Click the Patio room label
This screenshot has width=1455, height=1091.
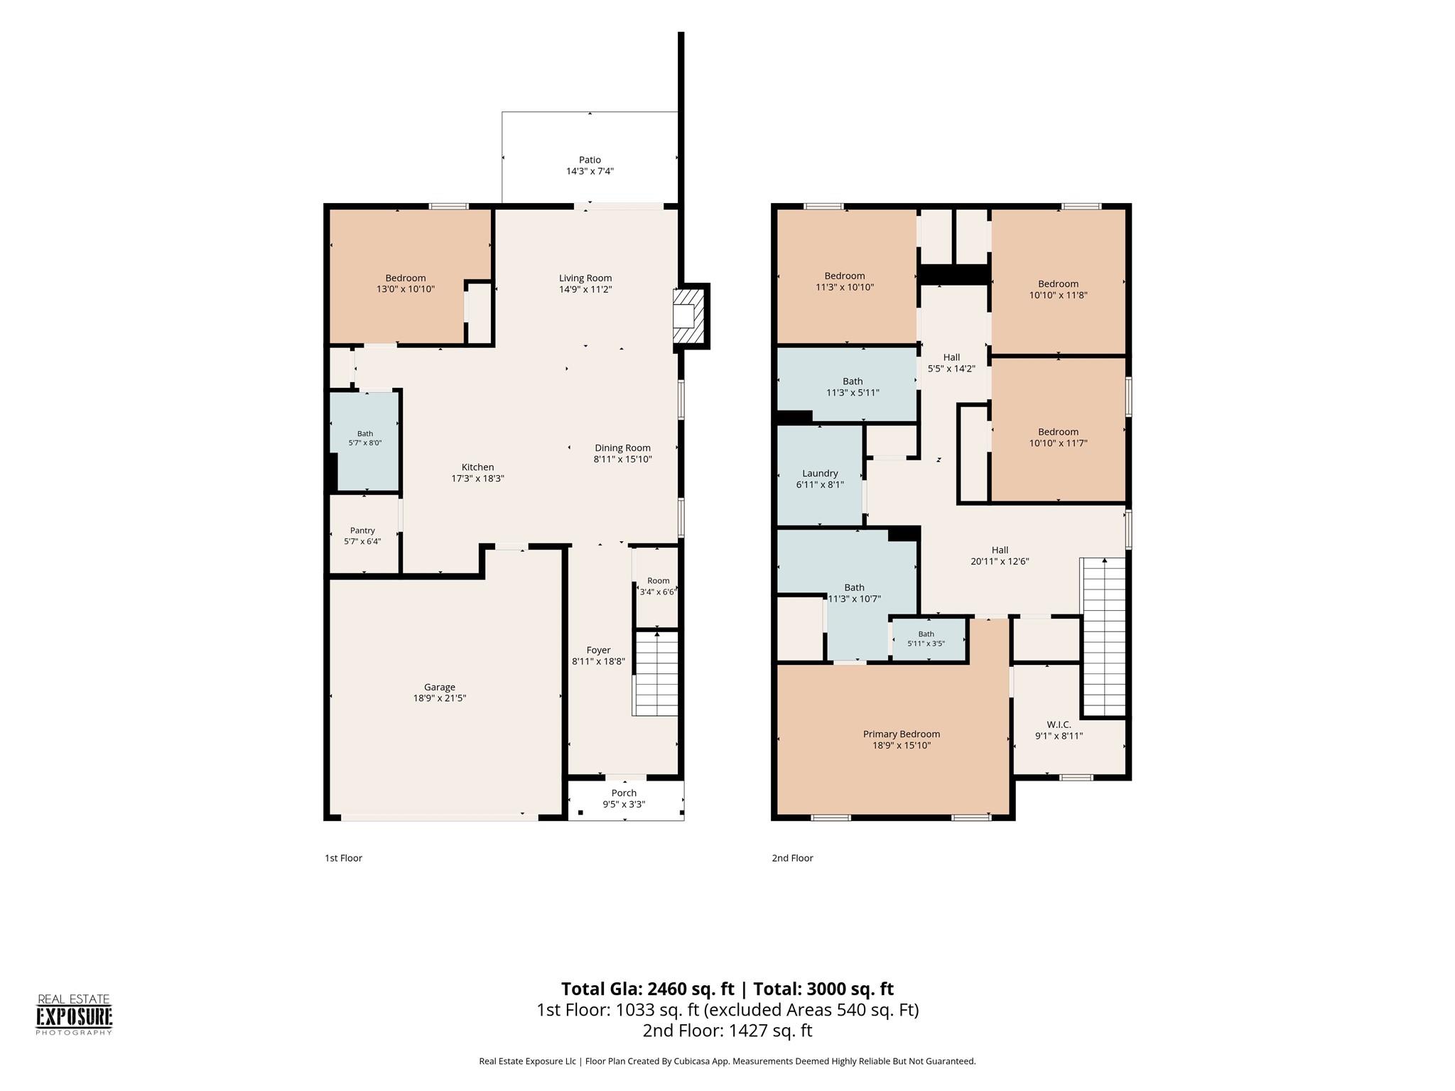(590, 161)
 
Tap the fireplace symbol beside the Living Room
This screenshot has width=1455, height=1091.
(689, 316)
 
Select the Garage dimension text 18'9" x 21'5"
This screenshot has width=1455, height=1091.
(440, 698)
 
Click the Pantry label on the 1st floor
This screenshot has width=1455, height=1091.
(362, 531)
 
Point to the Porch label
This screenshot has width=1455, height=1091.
(624, 793)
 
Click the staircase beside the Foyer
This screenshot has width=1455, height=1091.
(656, 673)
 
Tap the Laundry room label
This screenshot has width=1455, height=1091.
(820, 474)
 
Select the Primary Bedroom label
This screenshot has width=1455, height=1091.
(902, 734)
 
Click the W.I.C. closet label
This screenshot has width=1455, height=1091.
(1059, 724)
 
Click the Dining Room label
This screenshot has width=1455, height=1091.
(623, 448)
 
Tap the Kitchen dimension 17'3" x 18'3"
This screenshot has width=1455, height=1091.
(477, 479)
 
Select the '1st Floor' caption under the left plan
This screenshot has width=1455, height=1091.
(344, 858)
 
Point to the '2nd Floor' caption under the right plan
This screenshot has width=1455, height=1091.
(793, 858)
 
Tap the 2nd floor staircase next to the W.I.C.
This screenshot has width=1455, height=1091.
(1103, 636)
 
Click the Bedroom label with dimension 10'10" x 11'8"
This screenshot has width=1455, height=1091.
(1058, 284)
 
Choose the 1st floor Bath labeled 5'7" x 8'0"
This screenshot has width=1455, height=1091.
(365, 440)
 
